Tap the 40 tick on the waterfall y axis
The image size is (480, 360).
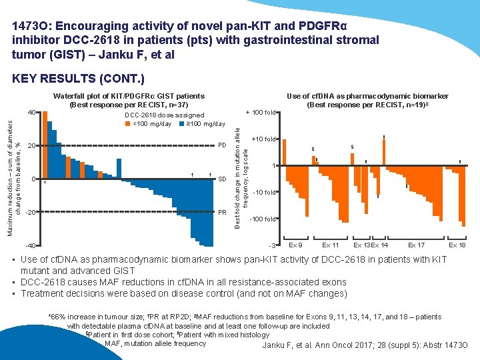click(x=31, y=112)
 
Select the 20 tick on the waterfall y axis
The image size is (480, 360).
click(x=31, y=145)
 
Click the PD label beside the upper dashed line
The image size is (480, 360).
click(x=223, y=145)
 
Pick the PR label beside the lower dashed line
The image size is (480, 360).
click(x=223, y=212)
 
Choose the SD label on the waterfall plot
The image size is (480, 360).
click(x=223, y=179)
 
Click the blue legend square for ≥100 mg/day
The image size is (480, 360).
click(x=183, y=123)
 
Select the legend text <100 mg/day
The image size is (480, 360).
click(x=154, y=123)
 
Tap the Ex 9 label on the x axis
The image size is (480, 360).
click(x=295, y=245)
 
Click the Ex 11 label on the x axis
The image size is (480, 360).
click(x=331, y=245)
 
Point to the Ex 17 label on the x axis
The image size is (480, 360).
click(x=416, y=245)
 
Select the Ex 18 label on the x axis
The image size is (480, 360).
click(x=457, y=245)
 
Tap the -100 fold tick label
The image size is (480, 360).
click(x=265, y=219)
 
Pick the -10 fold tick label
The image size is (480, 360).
click(x=266, y=192)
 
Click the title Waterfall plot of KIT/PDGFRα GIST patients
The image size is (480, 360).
click(x=129, y=96)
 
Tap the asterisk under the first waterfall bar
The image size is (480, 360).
click(x=44, y=183)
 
